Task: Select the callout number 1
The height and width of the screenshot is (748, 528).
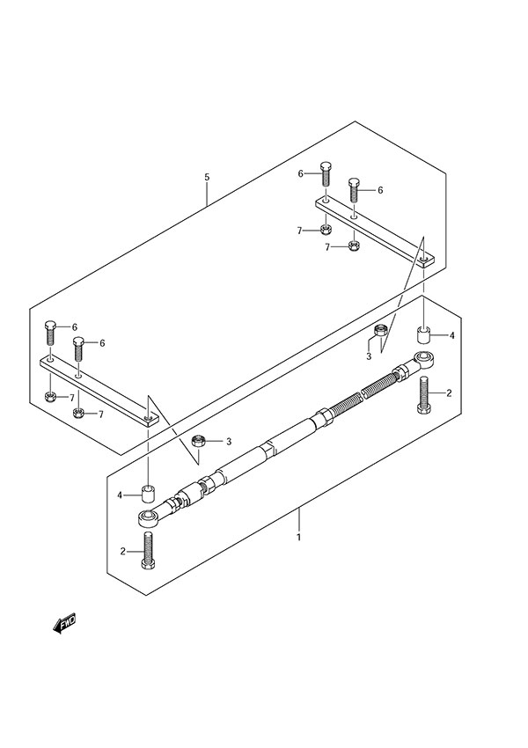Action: click(x=299, y=537)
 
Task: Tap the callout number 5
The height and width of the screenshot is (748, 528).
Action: click(x=207, y=177)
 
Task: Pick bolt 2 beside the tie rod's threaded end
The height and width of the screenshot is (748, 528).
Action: click(x=423, y=393)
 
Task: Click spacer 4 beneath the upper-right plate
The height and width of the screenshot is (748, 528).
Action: click(x=423, y=334)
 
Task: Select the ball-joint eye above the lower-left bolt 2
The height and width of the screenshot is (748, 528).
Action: click(x=147, y=517)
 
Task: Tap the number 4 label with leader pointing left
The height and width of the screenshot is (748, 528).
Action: click(x=451, y=335)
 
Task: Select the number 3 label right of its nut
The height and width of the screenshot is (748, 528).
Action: click(x=228, y=441)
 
